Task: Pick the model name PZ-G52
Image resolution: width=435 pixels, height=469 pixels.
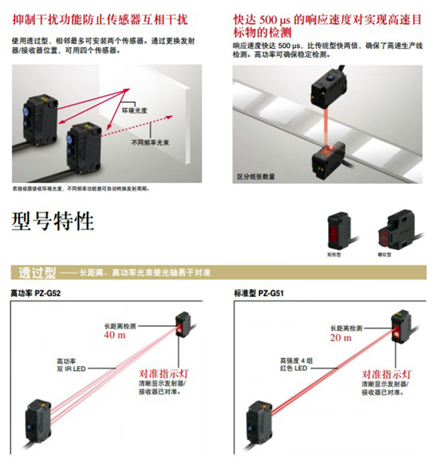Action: pos(48,293)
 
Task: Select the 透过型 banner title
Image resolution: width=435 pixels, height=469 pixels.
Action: pos(37,272)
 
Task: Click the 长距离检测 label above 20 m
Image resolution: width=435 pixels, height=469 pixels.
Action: pos(345,328)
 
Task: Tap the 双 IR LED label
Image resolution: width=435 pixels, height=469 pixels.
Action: pos(68,368)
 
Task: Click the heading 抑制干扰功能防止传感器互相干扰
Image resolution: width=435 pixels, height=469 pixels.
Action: pos(100,20)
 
